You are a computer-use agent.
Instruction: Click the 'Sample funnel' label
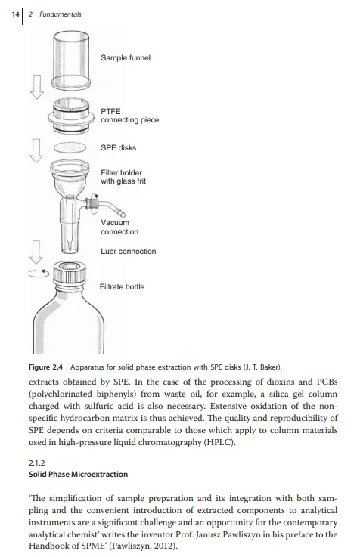(126, 58)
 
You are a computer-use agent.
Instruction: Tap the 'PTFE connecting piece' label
(130, 116)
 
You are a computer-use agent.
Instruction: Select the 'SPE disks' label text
(118, 148)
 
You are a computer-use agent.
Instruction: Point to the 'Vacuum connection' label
(119, 227)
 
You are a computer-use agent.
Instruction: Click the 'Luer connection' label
(129, 252)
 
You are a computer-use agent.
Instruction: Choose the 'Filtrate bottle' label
(122, 287)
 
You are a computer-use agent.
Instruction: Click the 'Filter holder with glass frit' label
(123, 177)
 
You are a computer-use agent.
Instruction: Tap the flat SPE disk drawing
(70, 147)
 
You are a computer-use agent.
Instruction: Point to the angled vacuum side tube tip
(123, 214)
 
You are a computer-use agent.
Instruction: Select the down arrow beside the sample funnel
(36, 86)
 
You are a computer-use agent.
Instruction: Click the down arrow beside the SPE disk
(36, 150)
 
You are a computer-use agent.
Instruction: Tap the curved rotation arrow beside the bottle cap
(39, 274)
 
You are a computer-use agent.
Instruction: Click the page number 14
(15, 14)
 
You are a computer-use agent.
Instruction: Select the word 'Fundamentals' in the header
(60, 14)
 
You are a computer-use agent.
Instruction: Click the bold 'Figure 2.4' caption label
(45, 367)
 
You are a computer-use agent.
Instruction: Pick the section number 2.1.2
(36, 463)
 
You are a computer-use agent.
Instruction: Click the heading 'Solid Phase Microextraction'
(78, 474)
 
